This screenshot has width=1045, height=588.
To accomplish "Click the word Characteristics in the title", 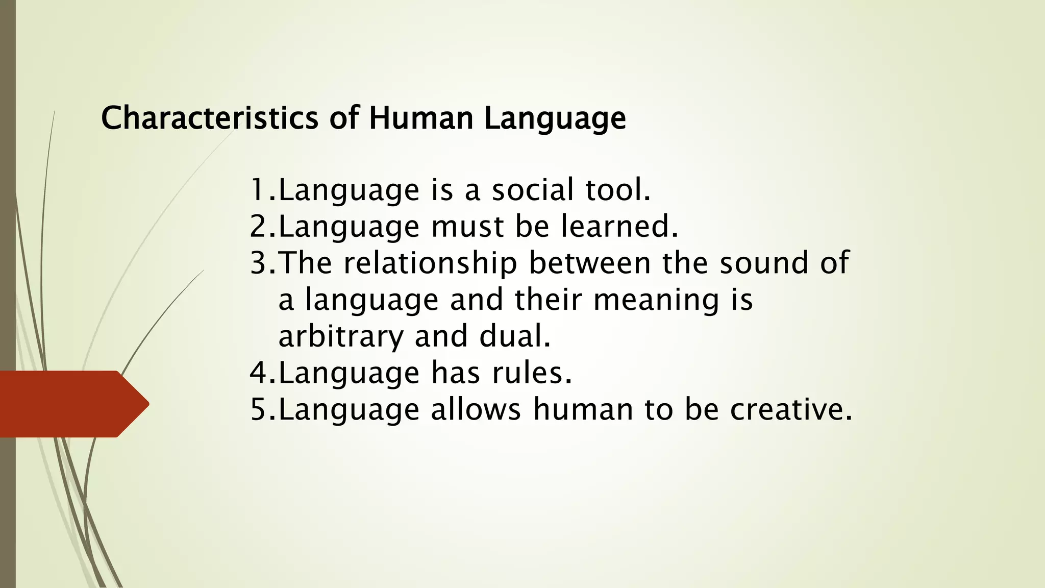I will pyautogui.click(x=210, y=118).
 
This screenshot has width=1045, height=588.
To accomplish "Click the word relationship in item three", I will pyautogui.click(x=430, y=263).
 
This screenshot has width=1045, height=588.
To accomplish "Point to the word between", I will pyautogui.click(x=589, y=263).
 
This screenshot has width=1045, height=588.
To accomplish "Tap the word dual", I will pyautogui.click(x=514, y=337).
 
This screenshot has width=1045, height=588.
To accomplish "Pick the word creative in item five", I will pyautogui.click(x=790, y=410).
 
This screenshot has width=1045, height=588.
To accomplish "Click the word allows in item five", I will pyautogui.click(x=476, y=410).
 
